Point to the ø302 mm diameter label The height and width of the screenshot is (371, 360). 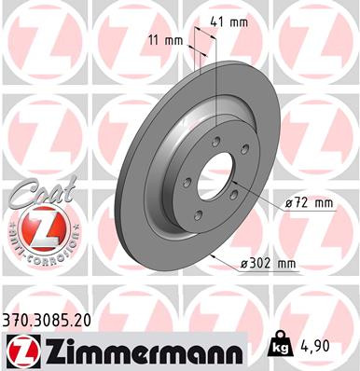click(268, 264)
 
